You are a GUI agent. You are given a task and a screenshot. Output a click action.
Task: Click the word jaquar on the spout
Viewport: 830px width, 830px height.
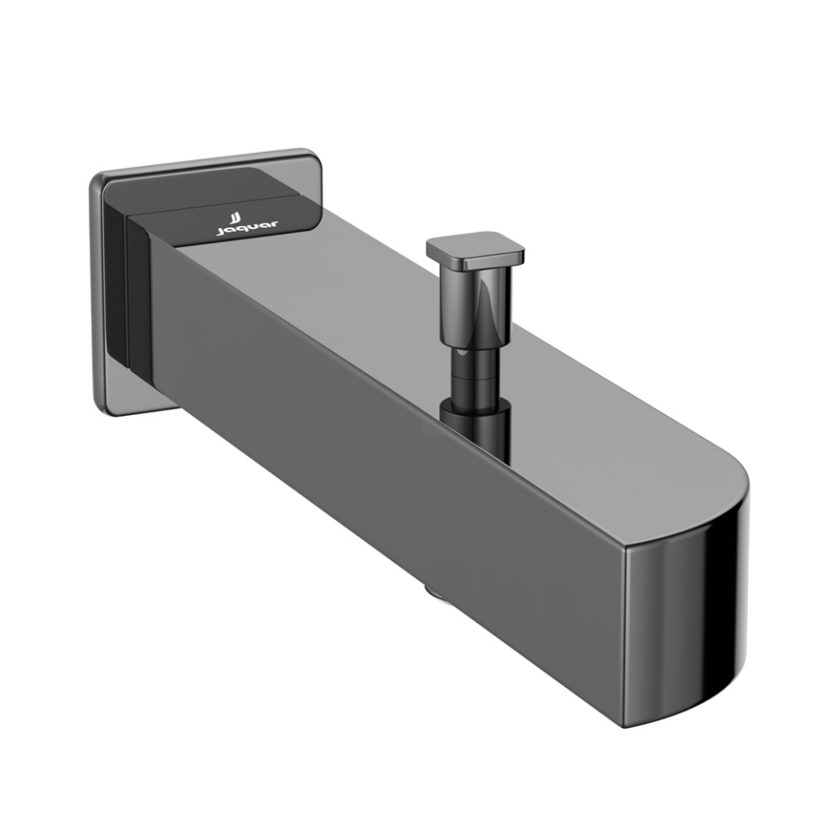tap(246, 228)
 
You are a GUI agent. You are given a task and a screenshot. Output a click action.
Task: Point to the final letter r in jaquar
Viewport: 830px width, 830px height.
tap(274, 225)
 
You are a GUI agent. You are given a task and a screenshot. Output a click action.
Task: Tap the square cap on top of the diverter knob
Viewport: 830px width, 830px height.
tap(475, 248)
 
